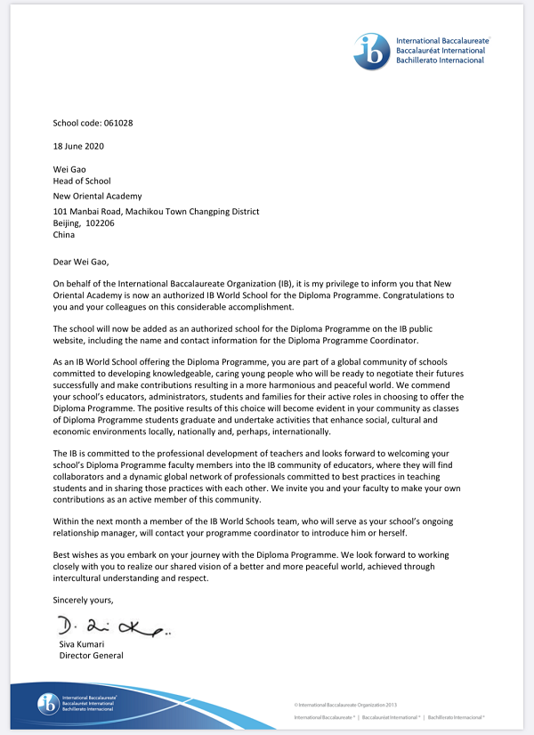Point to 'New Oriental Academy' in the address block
tap(97, 197)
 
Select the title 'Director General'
tap(91, 656)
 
